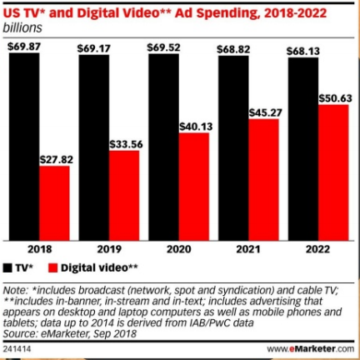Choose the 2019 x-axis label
[x=108, y=250]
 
